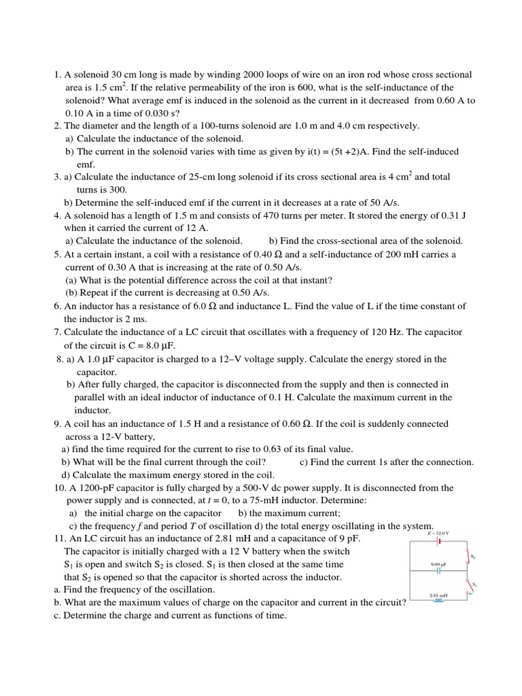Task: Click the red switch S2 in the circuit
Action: [x=468, y=557]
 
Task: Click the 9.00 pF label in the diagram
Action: [x=438, y=564]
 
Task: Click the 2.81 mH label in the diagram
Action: [x=438, y=595]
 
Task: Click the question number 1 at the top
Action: [x=57, y=75]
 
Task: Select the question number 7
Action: [x=57, y=332]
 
